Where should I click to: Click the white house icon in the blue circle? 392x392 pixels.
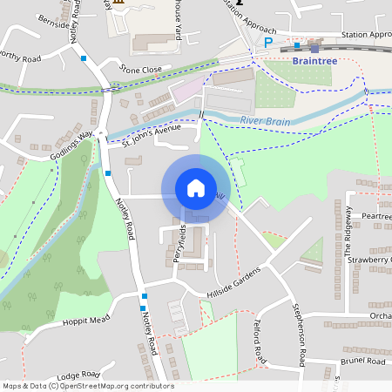pos(196,188)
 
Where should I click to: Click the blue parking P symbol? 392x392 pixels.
pos(269,42)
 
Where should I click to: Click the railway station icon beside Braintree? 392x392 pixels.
pos(314,47)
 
